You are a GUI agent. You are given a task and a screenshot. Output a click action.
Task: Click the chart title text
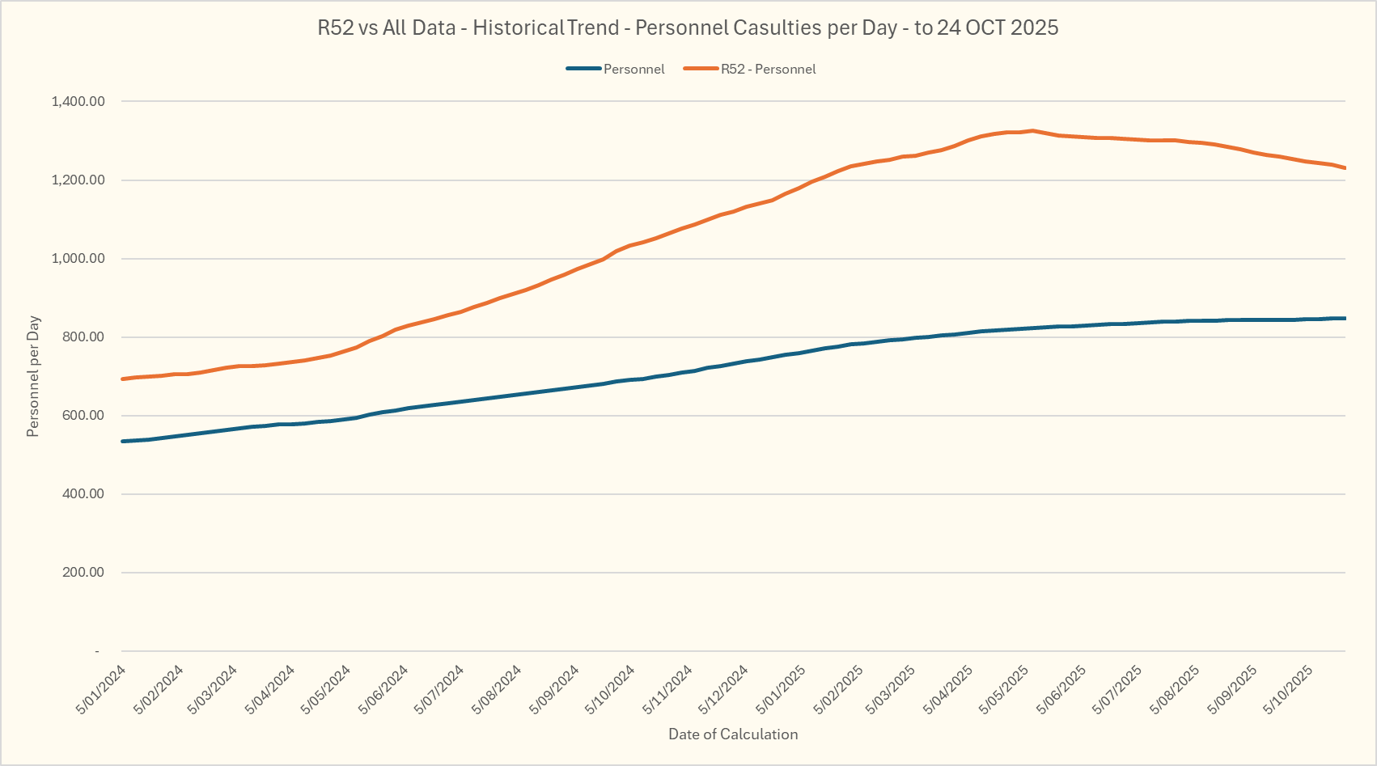point(688,28)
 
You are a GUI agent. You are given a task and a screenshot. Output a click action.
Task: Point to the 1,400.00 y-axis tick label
point(78,102)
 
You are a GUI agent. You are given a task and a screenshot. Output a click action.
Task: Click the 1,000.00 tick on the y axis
point(78,259)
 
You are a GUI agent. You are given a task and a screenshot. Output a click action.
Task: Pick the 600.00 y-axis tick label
point(83,416)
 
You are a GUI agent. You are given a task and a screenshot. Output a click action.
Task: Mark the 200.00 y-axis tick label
point(83,573)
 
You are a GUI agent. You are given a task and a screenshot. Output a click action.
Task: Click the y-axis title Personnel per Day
point(33,377)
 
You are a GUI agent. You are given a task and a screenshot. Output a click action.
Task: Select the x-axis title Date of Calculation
point(733,734)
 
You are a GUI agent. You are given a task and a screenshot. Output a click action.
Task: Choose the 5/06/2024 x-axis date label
point(384,689)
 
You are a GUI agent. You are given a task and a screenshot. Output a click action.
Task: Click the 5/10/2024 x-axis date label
point(611,689)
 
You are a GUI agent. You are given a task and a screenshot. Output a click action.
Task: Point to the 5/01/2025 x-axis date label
point(782,689)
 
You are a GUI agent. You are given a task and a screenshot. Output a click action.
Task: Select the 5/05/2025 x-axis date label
point(1005,689)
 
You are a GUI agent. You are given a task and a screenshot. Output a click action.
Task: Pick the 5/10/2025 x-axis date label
point(1289,689)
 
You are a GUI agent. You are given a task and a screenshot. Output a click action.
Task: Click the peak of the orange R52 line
point(1032,130)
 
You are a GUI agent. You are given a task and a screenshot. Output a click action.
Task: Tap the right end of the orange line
point(1345,168)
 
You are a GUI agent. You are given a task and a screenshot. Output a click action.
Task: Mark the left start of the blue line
point(122,441)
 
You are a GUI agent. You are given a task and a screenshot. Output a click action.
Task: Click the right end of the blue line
point(1345,318)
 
